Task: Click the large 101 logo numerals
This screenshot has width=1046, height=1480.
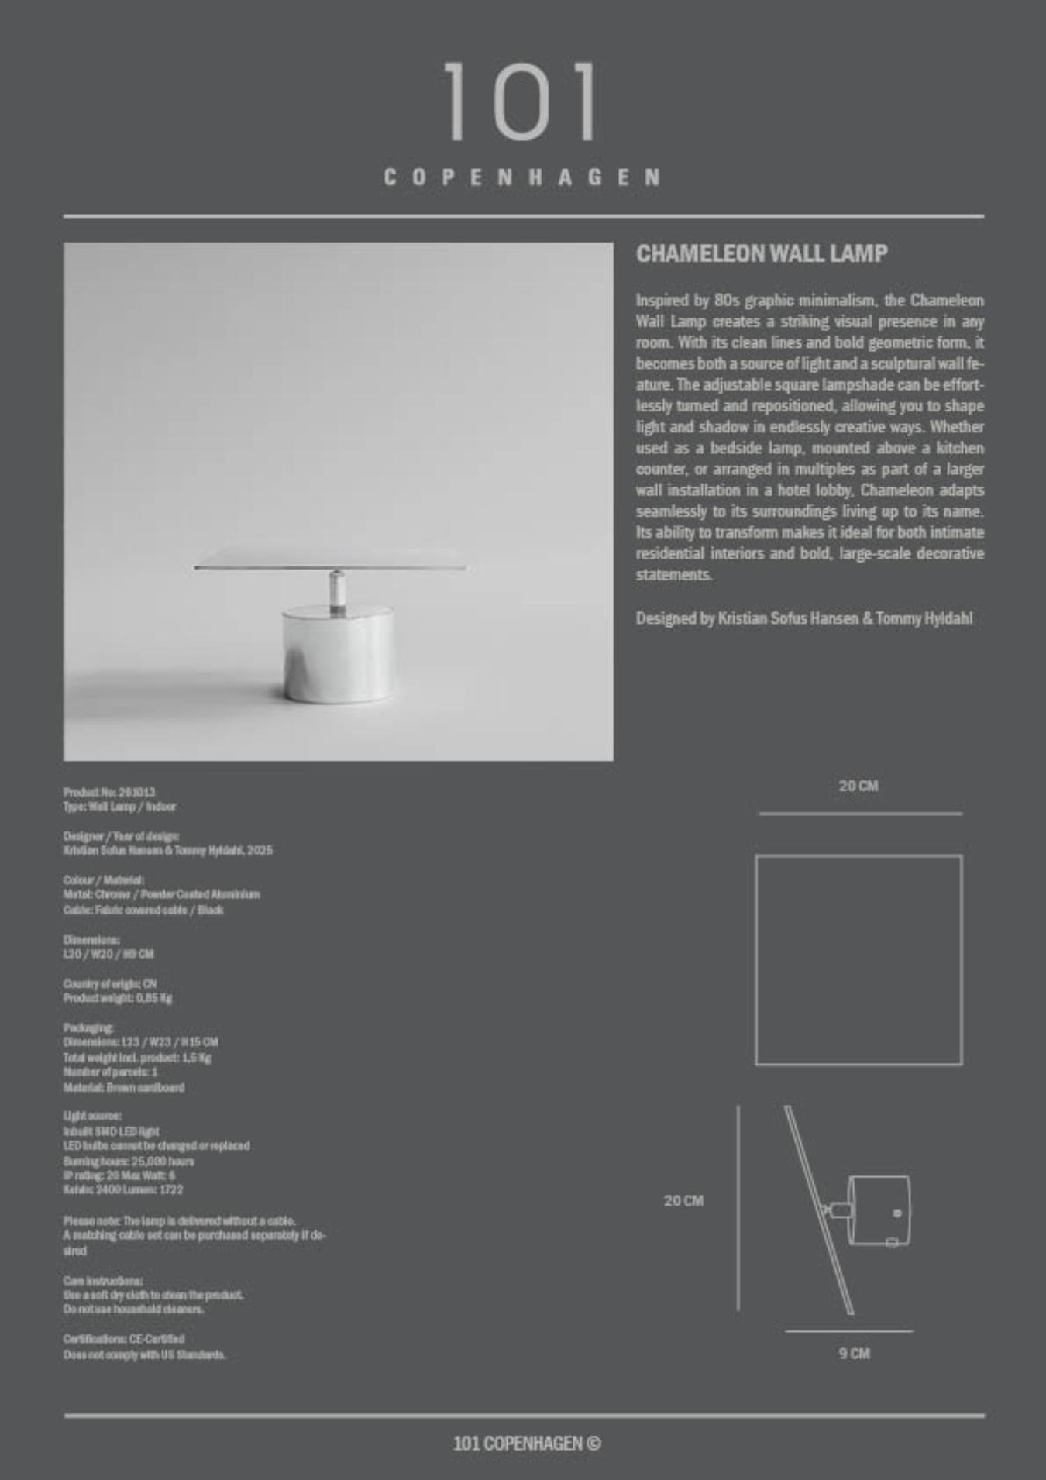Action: point(521,102)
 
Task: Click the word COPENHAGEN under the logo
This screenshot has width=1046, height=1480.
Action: point(522,177)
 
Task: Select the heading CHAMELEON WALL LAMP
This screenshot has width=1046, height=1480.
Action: point(761,253)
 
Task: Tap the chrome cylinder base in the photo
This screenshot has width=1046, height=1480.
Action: point(337,656)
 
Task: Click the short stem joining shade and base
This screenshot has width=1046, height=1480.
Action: point(337,592)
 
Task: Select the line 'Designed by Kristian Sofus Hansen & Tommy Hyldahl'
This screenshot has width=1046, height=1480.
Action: point(803,618)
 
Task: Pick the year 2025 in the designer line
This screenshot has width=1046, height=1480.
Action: point(260,850)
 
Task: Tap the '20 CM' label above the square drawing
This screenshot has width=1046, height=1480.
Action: point(858,786)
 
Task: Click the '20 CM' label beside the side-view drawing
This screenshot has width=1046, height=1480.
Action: point(683,1200)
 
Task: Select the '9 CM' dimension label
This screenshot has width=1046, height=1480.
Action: point(854,1353)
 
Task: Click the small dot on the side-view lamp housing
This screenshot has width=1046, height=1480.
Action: point(897,1213)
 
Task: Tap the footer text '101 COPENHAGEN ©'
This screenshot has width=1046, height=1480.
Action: point(526,1443)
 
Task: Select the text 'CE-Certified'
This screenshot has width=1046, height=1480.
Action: point(157,1338)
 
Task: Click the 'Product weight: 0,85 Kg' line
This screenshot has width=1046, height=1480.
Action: point(118,998)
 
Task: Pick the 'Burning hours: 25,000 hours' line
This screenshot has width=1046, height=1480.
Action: point(129,1161)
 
